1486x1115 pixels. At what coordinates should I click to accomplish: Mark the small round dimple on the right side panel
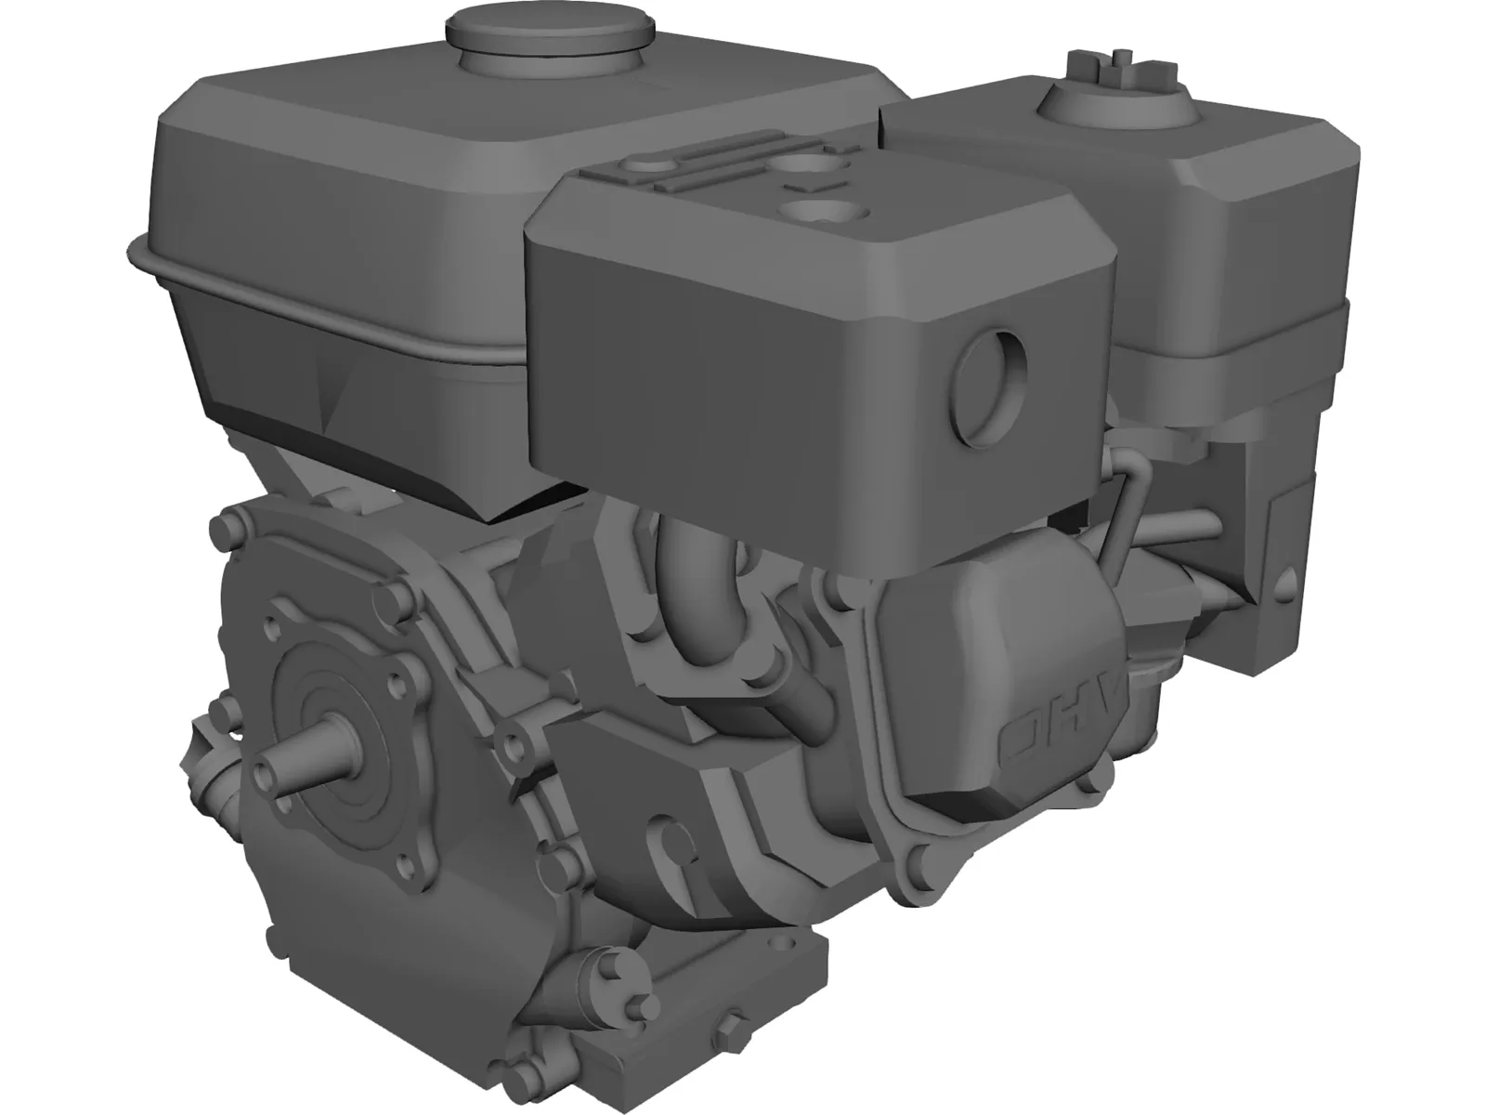point(1287,582)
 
